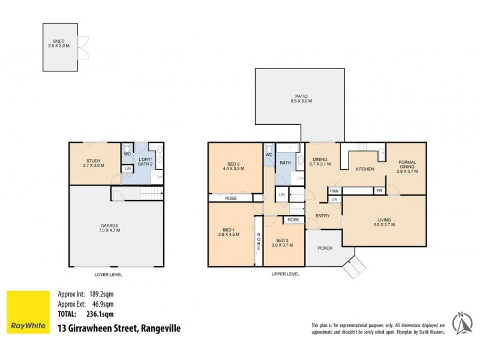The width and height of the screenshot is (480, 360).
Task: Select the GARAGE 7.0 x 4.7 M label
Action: point(110,227)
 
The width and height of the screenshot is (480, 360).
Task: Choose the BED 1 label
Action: point(228,232)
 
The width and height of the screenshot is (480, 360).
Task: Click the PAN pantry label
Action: point(334,191)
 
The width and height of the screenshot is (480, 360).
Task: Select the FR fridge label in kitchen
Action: point(379,191)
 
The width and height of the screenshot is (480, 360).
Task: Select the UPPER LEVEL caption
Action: point(286,274)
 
